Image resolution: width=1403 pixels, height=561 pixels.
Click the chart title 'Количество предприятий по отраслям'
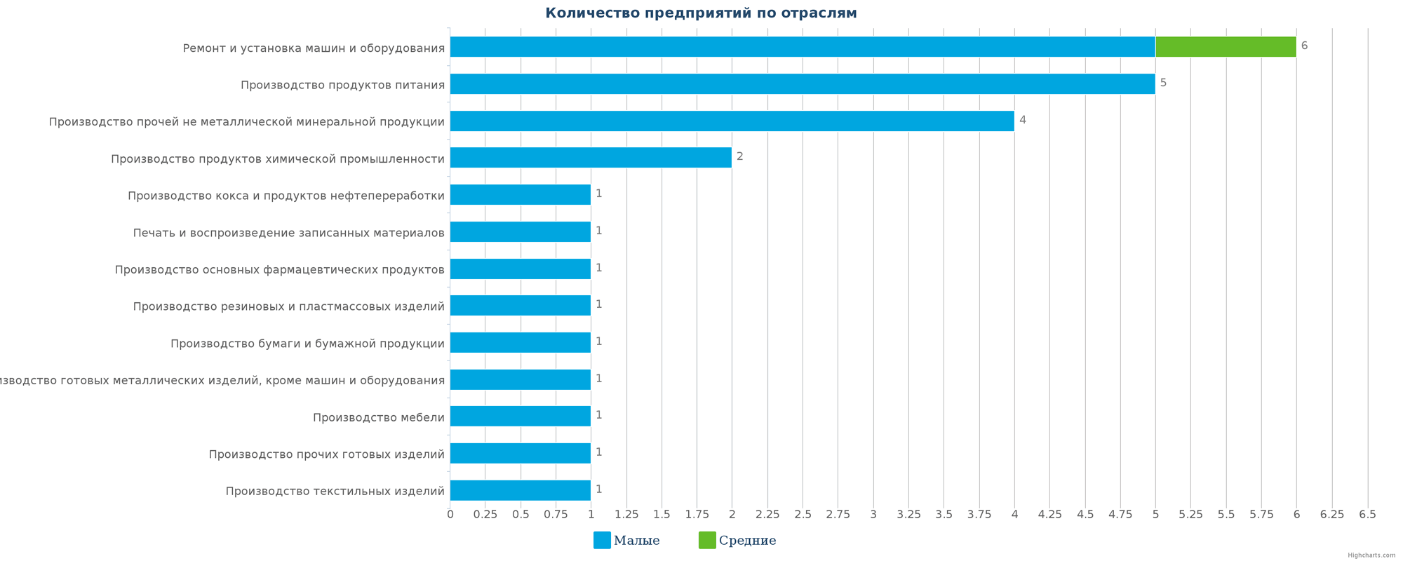tap(701, 13)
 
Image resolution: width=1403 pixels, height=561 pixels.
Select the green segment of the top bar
tap(1226, 47)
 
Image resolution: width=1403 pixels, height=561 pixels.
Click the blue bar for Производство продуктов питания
tap(802, 84)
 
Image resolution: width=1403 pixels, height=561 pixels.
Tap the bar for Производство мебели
tap(520, 416)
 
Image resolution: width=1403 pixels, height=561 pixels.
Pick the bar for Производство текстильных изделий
tap(520, 490)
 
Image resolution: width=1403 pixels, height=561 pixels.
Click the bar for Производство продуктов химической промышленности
tap(591, 158)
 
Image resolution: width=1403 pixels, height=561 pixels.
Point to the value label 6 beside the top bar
tap(1304, 46)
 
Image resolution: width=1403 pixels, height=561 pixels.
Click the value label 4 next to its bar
tap(1022, 120)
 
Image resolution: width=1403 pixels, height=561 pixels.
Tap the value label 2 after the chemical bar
tap(739, 157)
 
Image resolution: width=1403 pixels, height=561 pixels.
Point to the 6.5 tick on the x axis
tap(1367, 515)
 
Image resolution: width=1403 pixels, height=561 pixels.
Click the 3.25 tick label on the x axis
tap(908, 515)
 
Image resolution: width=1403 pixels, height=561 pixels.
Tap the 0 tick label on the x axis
tap(450, 515)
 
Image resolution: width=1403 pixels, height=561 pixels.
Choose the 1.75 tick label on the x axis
tap(697, 515)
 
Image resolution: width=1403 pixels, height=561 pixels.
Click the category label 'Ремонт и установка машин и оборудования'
tap(314, 48)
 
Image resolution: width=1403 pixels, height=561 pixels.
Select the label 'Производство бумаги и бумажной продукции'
tap(307, 344)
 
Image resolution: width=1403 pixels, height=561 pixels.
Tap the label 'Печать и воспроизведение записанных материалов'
tap(288, 233)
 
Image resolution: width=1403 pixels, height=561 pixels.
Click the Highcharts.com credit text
tap(1371, 555)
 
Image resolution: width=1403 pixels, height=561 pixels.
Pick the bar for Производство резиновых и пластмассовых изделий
tap(520, 306)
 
